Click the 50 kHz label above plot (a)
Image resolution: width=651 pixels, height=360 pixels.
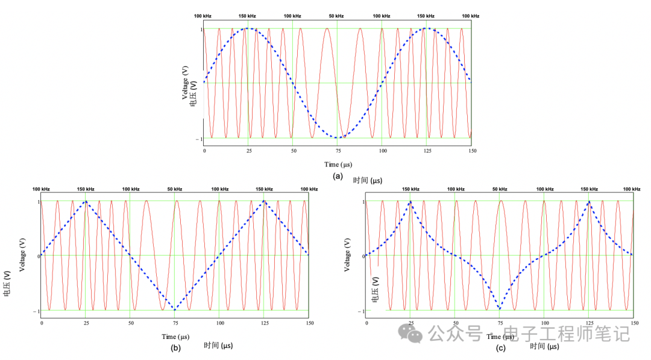[x=336, y=16]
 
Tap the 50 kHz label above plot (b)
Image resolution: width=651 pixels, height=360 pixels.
[x=175, y=189]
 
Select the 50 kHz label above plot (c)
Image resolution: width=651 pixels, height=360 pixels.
[x=500, y=189]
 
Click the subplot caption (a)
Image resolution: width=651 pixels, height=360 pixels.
[x=338, y=177]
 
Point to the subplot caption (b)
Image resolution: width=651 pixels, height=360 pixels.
[x=175, y=348]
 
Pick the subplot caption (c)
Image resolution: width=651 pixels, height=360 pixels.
[x=500, y=348]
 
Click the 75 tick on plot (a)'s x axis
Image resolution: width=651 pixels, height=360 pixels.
[x=338, y=151]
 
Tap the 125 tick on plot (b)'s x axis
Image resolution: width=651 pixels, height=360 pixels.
[x=264, y=324]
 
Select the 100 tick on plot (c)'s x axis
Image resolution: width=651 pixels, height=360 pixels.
[x=544, y=324]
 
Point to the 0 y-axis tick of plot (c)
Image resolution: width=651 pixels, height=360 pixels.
[x=363, y=256]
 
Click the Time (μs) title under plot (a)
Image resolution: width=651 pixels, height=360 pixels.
[x=338, y=165]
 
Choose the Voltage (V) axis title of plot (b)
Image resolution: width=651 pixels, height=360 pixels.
[x=23, y=255]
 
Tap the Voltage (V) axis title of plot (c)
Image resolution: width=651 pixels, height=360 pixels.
[x=348, y=255]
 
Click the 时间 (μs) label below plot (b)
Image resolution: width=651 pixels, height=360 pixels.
[x=218, y=346]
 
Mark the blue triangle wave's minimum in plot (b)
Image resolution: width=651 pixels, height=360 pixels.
[x=175, y=310]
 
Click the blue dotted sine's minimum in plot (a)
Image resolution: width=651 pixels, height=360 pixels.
[x=338, y=137]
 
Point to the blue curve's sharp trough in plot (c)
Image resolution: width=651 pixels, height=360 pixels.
[x=500, y=309]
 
